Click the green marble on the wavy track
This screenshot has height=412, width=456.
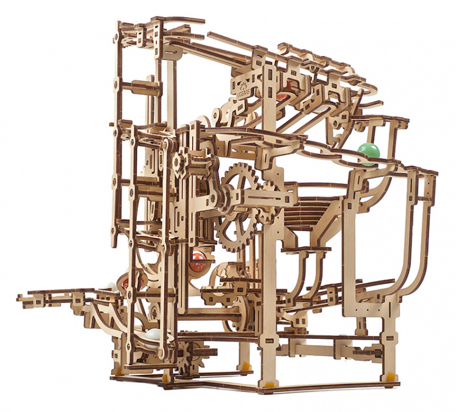tap(367, 153)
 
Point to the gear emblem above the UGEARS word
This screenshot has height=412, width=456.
tap(249, 81)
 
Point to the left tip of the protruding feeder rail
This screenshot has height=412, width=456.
tap(20, 298)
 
